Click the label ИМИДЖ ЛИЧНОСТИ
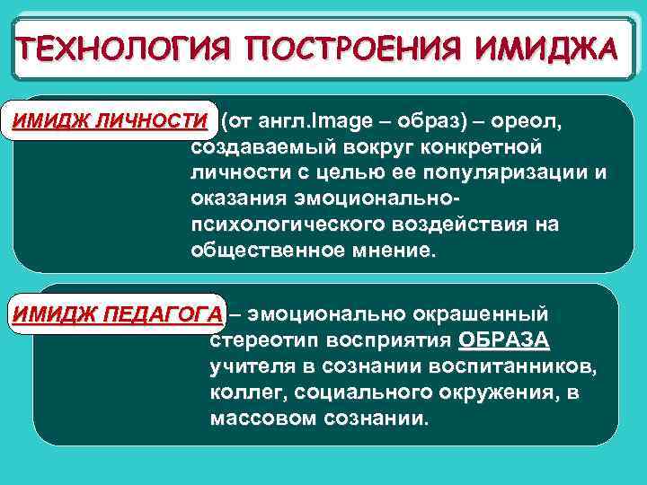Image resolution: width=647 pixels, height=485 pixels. coord(109,121)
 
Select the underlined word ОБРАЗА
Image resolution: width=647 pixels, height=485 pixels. coord(504,341)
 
